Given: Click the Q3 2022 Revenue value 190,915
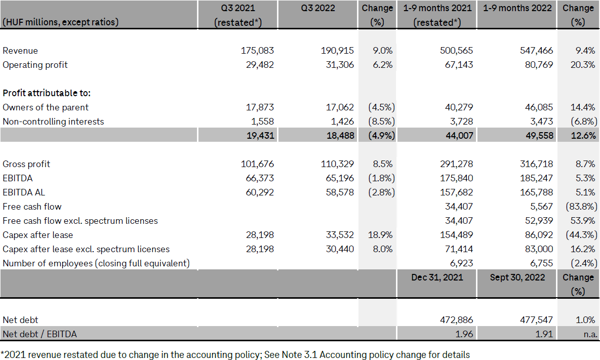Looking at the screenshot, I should point(337,51).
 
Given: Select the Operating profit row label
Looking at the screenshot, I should point(35,65).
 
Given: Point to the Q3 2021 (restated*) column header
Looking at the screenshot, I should point(238,15).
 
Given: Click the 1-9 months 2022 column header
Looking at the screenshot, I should point(517,8).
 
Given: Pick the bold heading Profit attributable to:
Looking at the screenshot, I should point(47,93).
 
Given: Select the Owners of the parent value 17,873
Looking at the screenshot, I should point(257,107).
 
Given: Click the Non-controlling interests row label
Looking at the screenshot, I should point(53,122).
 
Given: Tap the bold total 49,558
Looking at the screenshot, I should point(536,136).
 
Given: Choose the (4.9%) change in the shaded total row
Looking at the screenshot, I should point(378,136).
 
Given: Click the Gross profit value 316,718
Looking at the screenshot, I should point(536,164).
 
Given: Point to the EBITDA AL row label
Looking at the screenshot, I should point(25,192).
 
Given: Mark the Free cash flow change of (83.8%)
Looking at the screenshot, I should point(580,207).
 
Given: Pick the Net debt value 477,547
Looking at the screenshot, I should point(536,320).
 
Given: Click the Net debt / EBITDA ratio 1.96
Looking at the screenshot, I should point(463,334).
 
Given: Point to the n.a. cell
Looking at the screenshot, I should point(589,334).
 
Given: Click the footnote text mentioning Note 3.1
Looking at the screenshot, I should point(235,354).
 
